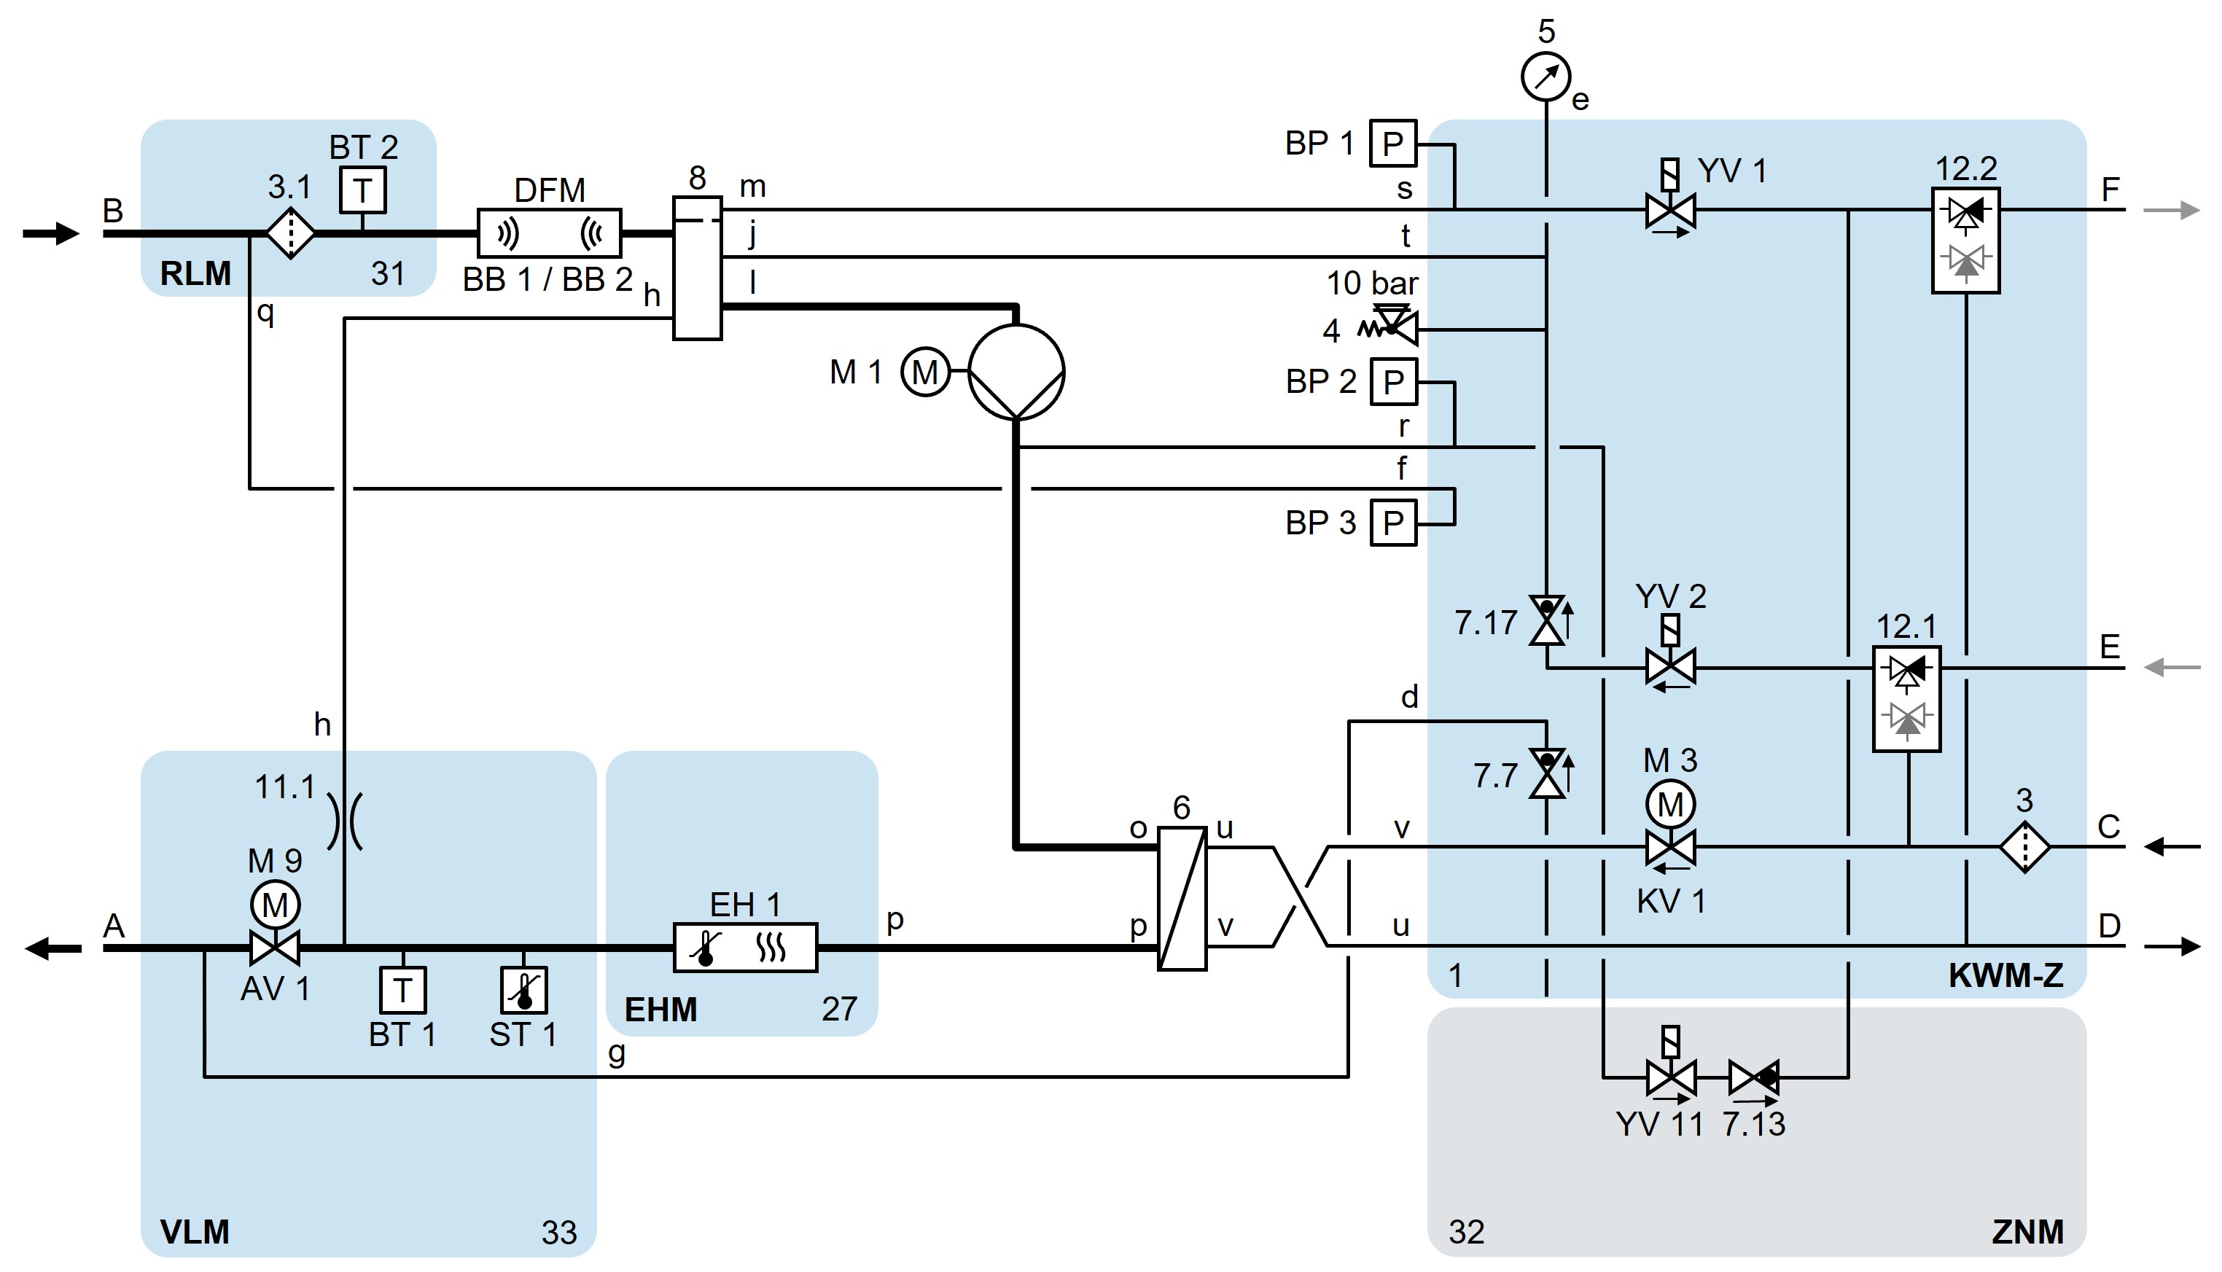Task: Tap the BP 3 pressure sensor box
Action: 1392,523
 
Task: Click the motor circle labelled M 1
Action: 925,372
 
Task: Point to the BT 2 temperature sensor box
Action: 362,190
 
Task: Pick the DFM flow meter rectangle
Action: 550,233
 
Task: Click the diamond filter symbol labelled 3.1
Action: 290,233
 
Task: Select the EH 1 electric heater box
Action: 745,947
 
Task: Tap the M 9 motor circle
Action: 275,905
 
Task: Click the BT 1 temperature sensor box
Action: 402,990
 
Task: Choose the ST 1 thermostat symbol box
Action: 523,990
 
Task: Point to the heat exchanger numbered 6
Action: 1182,898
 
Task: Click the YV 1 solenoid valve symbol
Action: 1670,210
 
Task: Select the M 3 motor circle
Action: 1670,804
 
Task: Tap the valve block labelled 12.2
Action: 1965,241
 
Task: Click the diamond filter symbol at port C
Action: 2024,846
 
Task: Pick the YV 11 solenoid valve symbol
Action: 1670,1077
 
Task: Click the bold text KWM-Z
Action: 2005,976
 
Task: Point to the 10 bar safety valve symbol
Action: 1392,327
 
